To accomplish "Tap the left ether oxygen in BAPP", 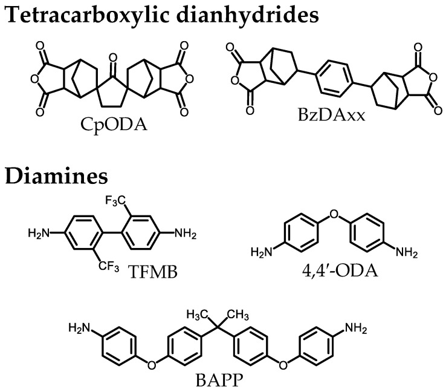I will click(152, 364).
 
